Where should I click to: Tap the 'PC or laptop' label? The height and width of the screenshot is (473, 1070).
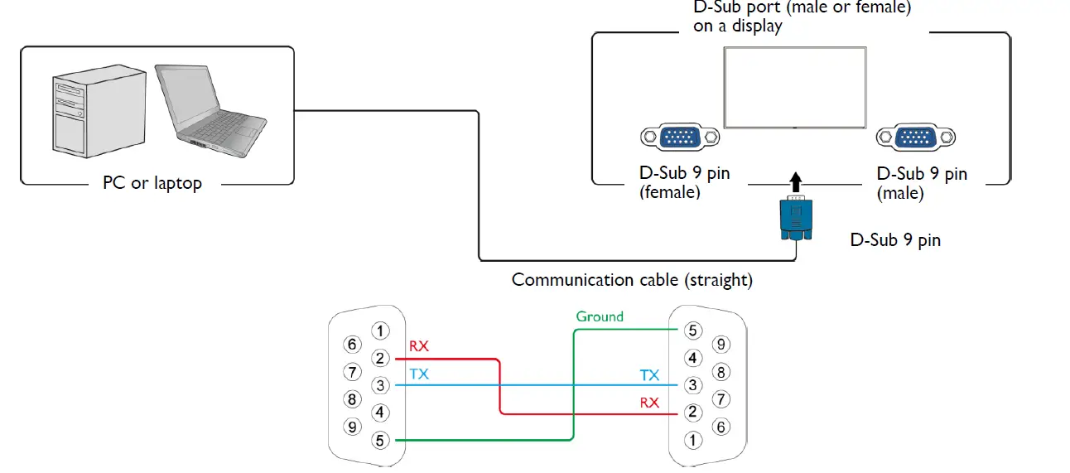tap(152, 183)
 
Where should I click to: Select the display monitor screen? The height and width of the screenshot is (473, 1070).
tap(795, 87)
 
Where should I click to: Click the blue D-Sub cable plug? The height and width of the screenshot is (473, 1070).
tap(796, 219)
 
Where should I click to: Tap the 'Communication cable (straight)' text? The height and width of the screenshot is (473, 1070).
tap(632, 280)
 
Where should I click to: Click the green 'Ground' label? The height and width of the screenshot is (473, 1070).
tap(600, 316)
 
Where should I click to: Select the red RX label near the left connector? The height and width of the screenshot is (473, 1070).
tap(419, 346)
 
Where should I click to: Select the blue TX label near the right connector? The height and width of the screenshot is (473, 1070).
tap(649, 375)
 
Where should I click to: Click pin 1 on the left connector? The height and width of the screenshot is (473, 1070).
tap(379, 331)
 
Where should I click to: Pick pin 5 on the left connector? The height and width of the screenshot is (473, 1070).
tap(379, 441)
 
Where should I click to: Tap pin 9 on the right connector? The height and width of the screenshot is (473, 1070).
tap(721, 344)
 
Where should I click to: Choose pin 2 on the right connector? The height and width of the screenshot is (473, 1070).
tap(693, 413)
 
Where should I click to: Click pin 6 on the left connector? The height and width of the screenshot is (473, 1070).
tap(353, 345)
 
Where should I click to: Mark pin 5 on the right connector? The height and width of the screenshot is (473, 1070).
tap(693, 331)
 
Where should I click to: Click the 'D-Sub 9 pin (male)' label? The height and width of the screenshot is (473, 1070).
tap(922, 183)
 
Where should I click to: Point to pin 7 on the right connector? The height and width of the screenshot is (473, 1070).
tap(721, 399)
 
